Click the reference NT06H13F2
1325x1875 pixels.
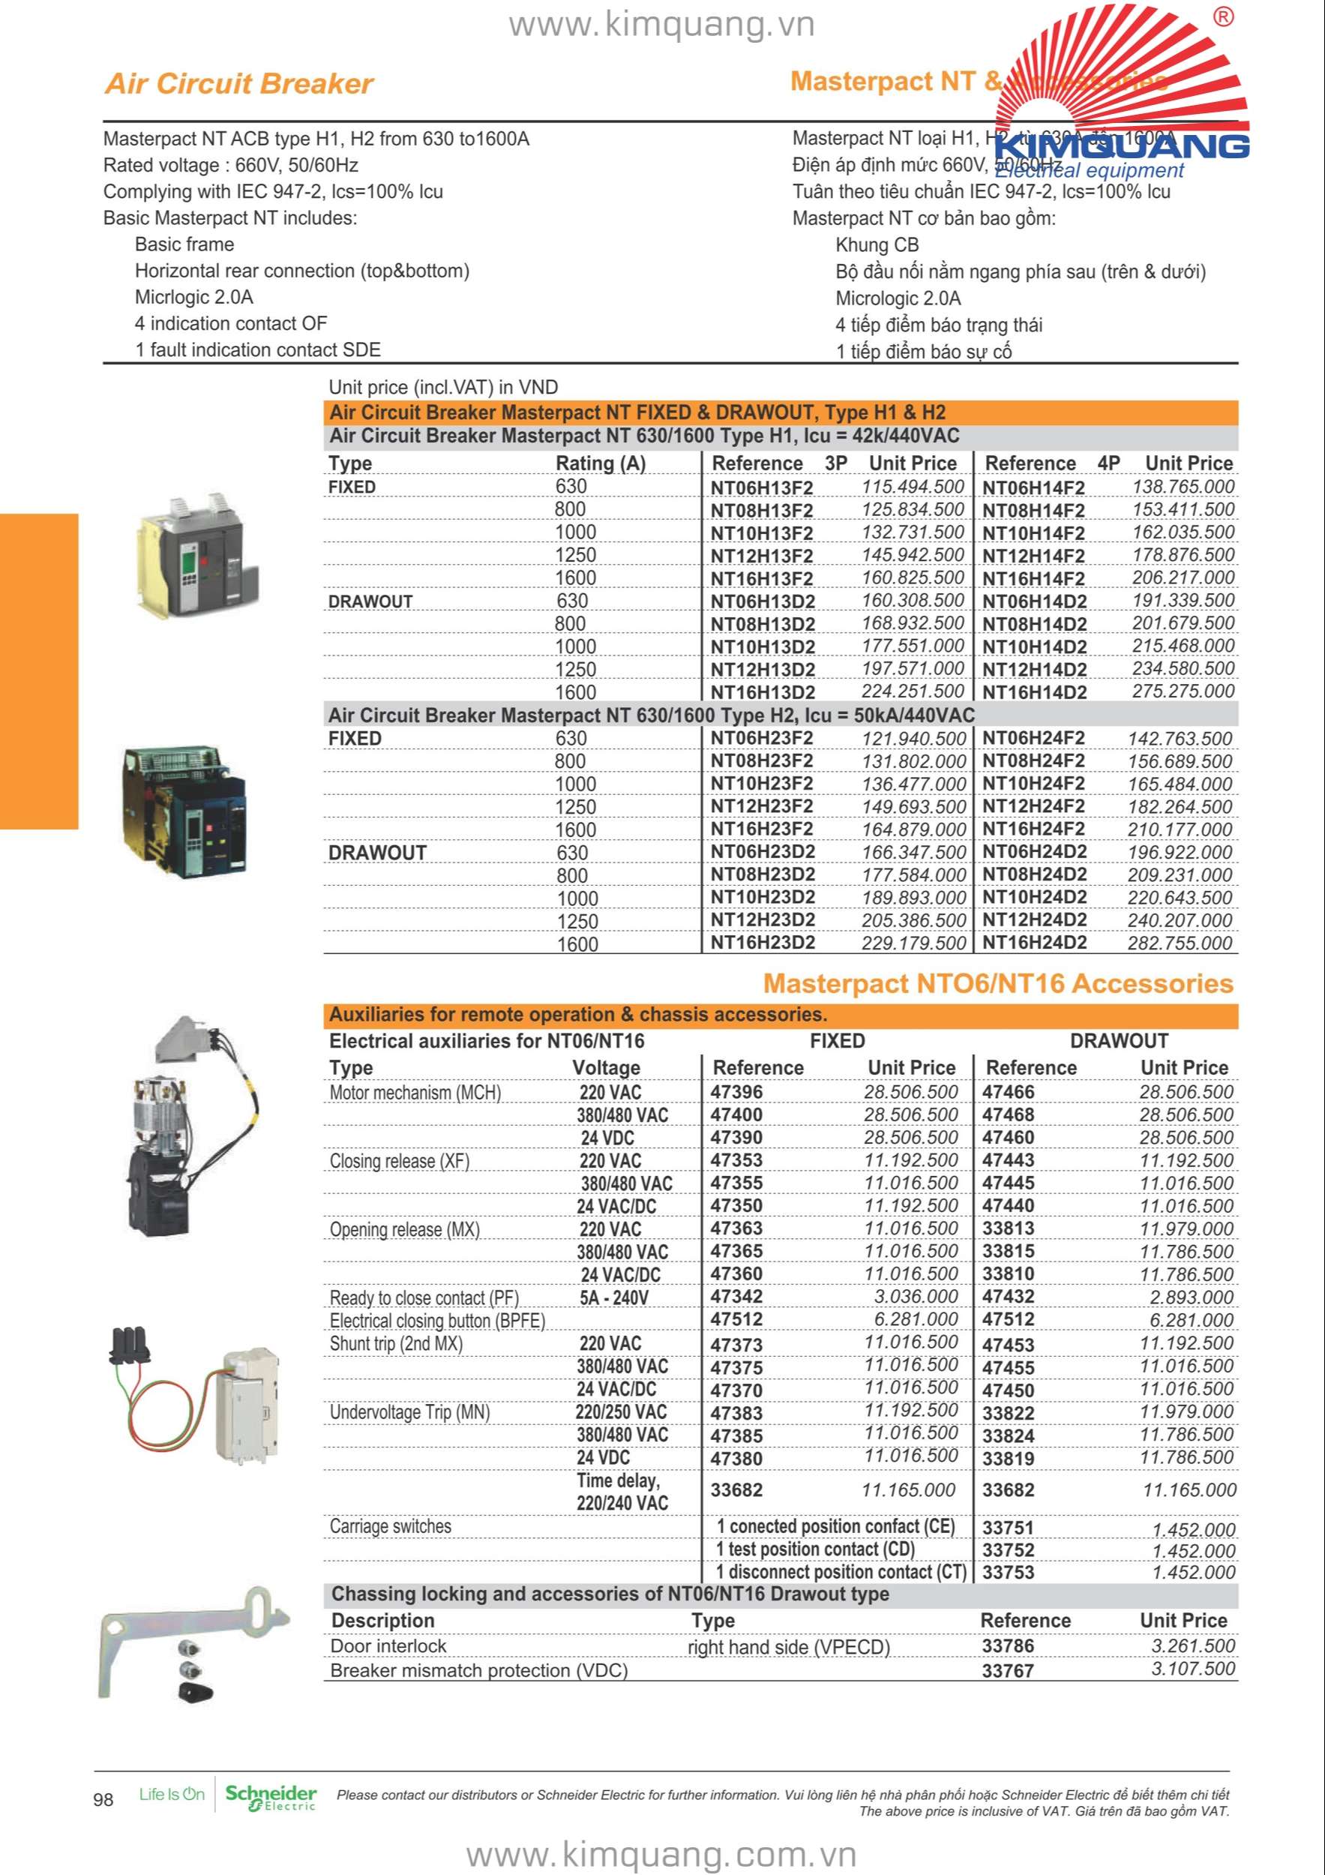tap(762, 487)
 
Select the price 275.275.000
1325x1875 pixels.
tap(1183, 691)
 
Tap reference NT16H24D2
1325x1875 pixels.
tap(1034, 943)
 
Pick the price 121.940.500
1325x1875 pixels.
tap(913, 739)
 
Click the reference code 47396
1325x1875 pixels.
tap(736, 1092)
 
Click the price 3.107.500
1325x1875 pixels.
tap(1193, 1669)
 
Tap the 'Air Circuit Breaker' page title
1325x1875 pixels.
tap(239, 83)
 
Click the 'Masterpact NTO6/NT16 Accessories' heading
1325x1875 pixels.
tap(997, 983)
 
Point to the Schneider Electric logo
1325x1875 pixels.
tap(270, 1798)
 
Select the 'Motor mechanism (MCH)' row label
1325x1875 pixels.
tap(415, 1093)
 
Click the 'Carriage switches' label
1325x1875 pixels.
tap(390, 1526)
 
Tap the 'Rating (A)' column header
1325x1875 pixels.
tap(600, 463)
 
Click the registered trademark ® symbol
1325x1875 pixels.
tap(1223, 17)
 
